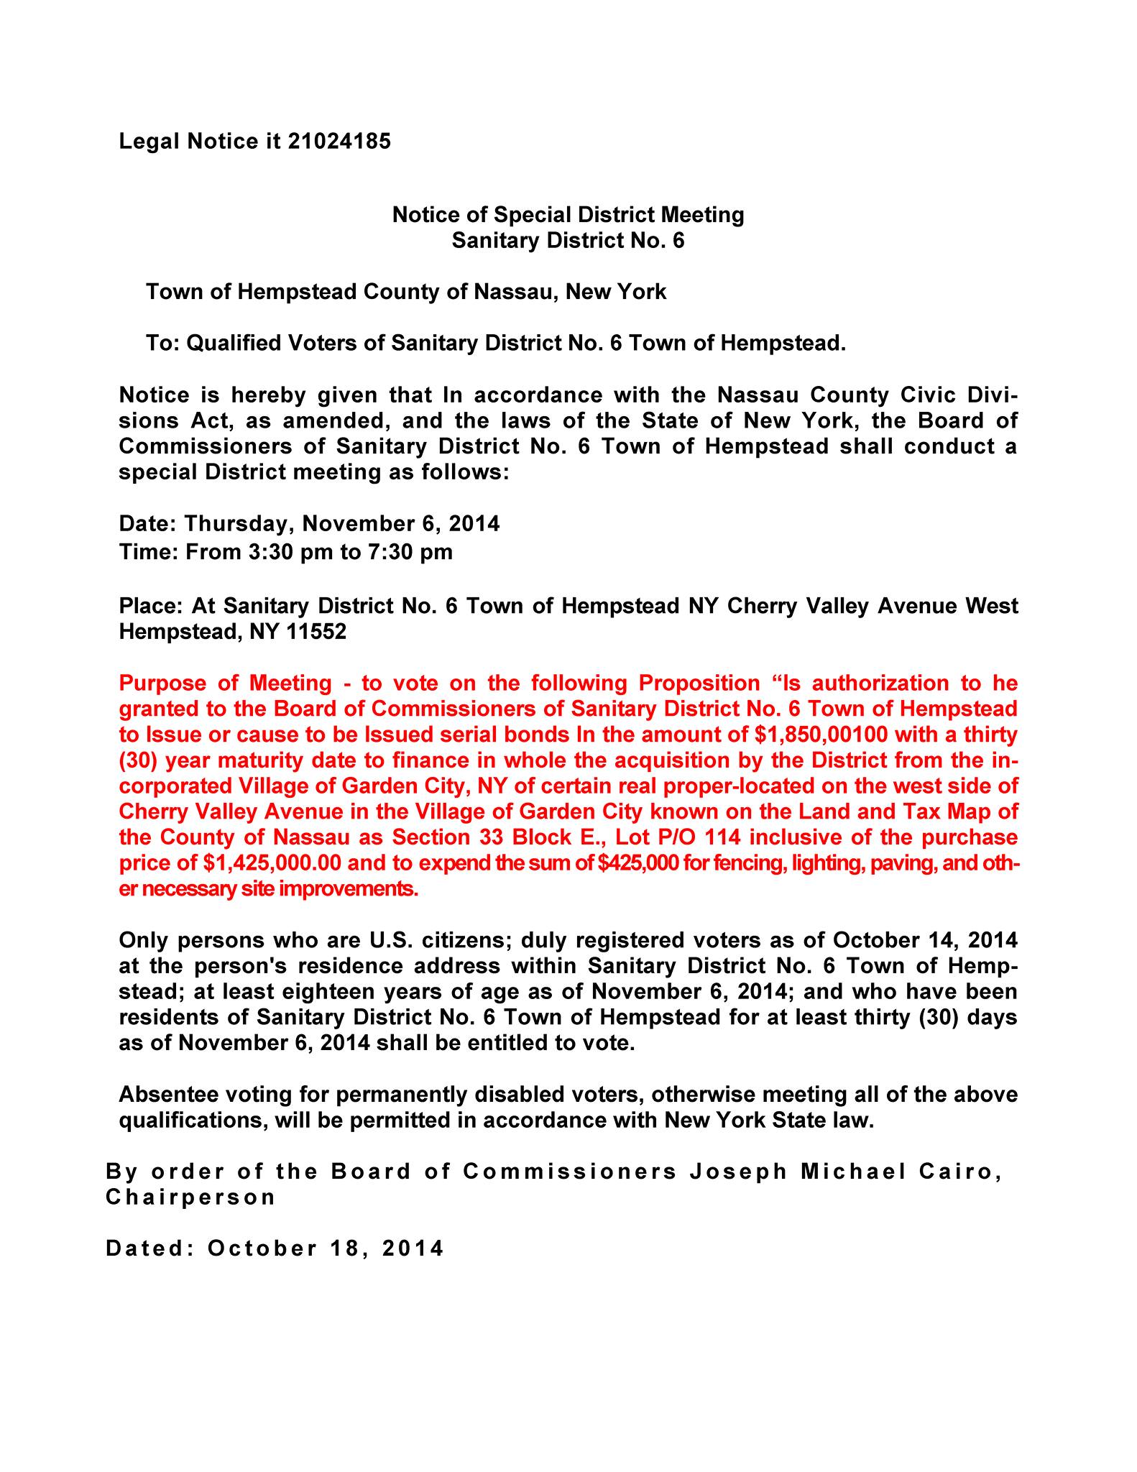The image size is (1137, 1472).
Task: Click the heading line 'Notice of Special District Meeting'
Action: (x=568, y=214)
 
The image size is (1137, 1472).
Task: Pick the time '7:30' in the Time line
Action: (x=374, y=552)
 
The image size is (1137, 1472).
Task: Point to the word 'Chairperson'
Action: (x=190, y=1197)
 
